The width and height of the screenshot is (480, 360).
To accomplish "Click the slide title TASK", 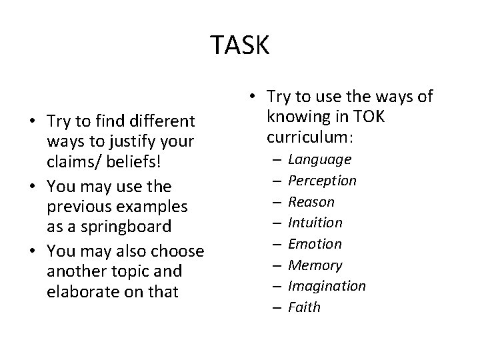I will point(240,45).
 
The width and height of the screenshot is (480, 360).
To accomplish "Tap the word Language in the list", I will point(319,159).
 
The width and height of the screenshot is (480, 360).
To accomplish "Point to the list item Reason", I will point(311,201).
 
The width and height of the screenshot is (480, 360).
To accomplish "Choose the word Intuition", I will point(315,223).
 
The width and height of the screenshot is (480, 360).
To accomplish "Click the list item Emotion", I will point(315,244).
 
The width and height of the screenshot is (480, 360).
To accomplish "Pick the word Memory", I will point(315,265).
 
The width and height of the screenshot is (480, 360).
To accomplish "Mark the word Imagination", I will point(326,286).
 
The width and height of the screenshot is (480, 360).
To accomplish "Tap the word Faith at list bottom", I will point(304,307).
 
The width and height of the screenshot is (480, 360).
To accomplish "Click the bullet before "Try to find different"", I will point(31,122).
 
